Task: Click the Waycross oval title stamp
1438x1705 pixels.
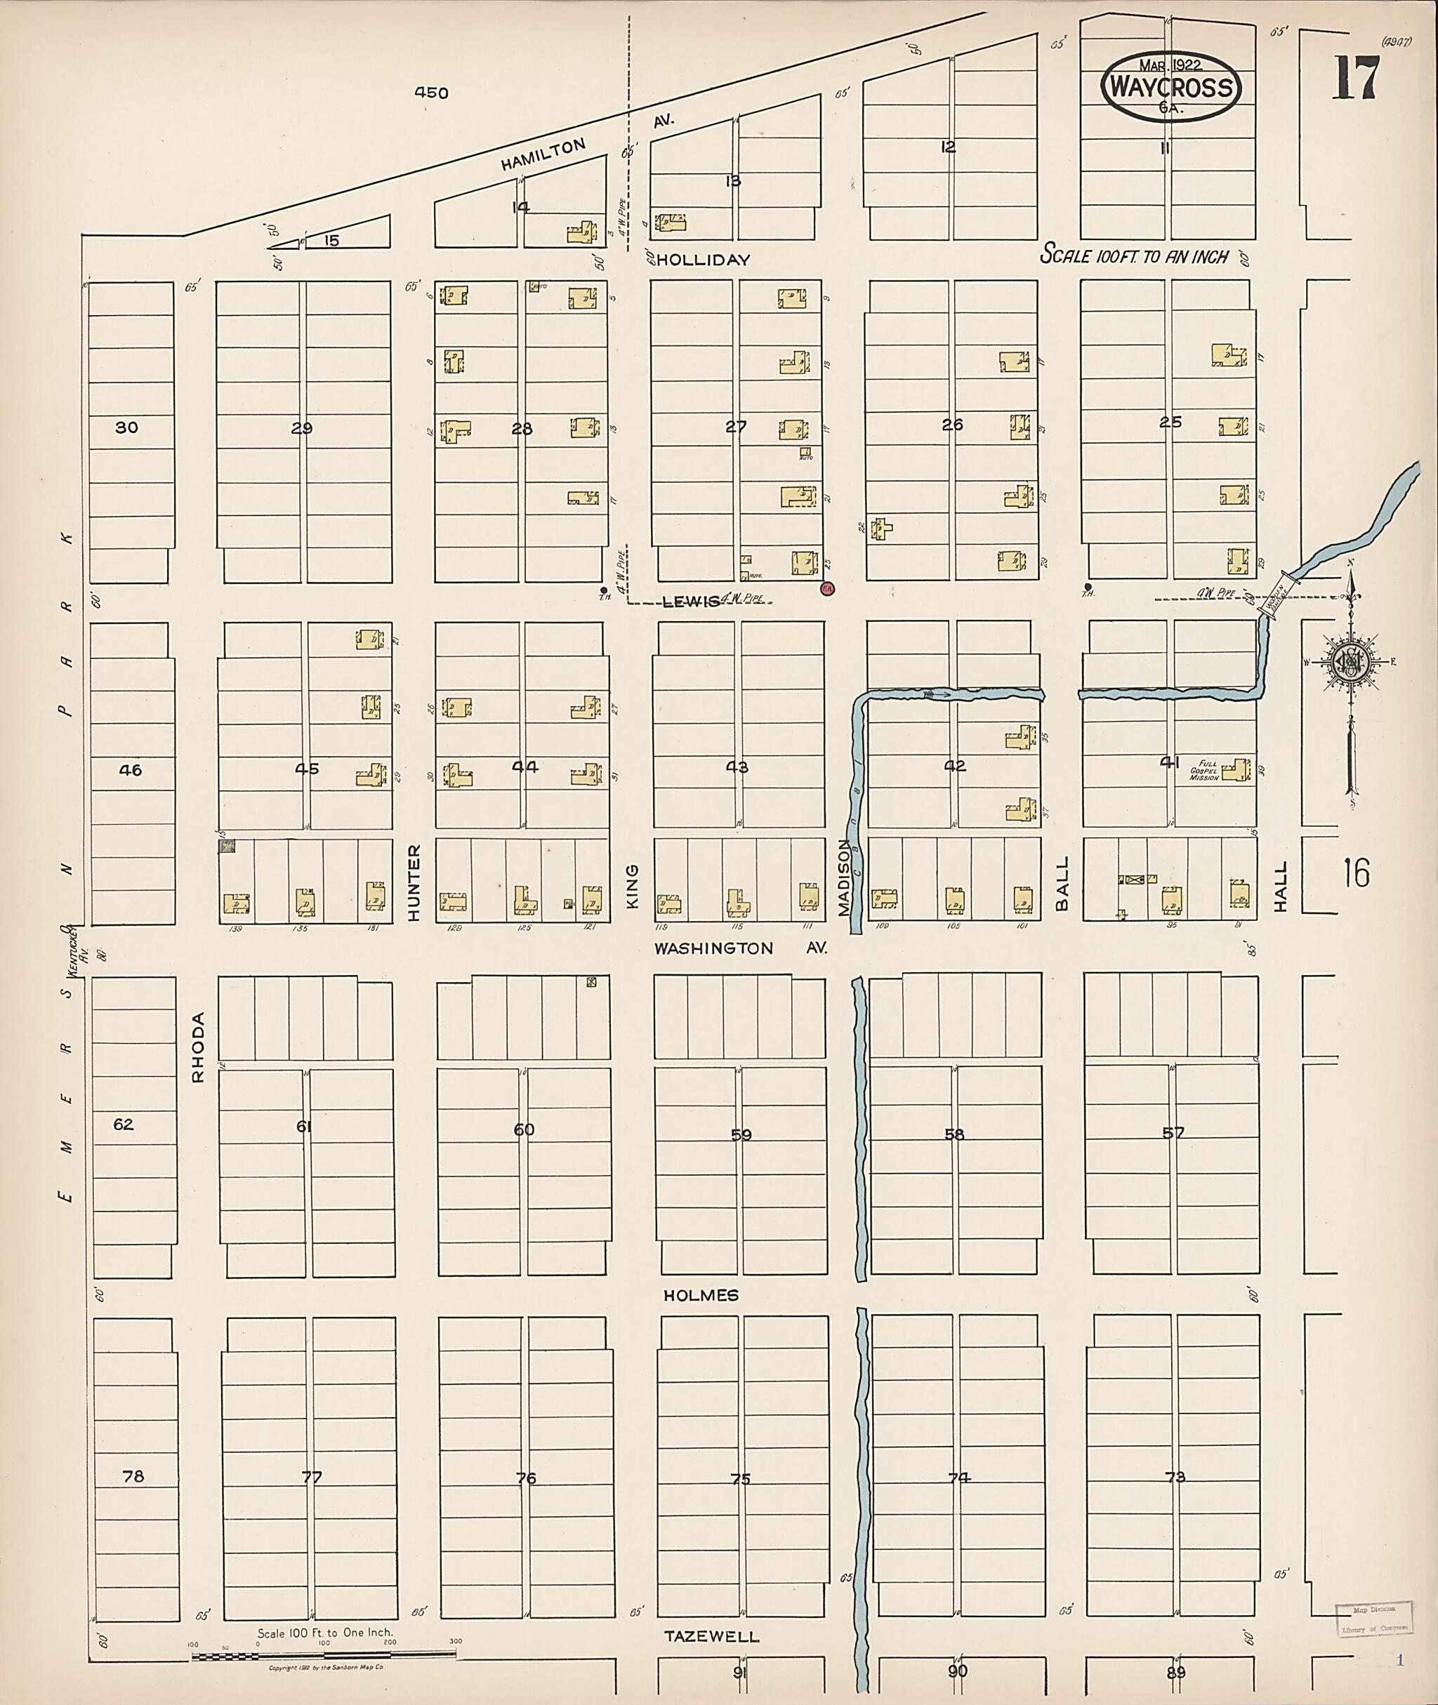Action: point(1170,87)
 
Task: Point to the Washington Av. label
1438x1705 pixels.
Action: point(741,948)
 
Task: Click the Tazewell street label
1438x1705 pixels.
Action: point(712,1636)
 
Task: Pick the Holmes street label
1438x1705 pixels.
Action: point(701,1295)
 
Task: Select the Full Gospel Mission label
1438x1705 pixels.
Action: point(1204,770)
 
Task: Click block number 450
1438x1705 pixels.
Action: point(431,93)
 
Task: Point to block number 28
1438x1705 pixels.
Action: point(522,429)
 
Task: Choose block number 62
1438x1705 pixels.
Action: point(123,1124)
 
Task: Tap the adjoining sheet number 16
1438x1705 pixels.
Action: point(1357,873)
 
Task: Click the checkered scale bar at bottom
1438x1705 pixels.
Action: point(324,1655)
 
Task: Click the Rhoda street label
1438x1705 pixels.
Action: point(198,1047)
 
